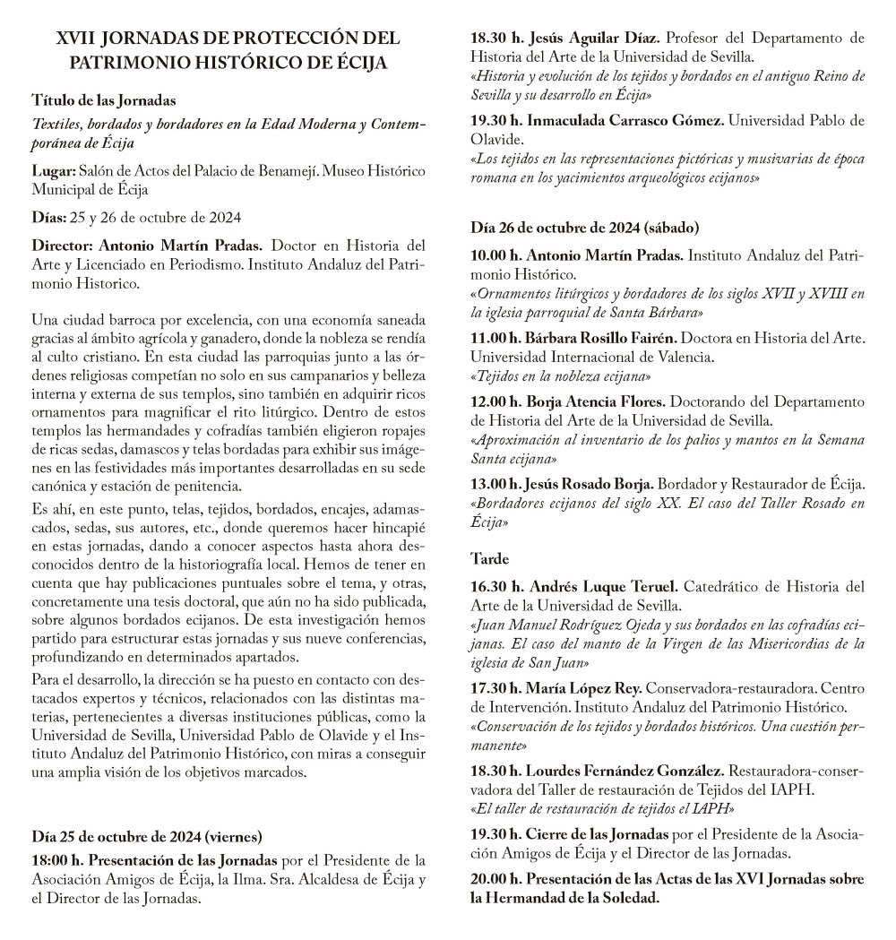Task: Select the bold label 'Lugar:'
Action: (x=53, y=171)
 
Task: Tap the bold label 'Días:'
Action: (x=48, y=218)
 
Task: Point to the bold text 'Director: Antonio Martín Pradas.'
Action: (x=147, y=244)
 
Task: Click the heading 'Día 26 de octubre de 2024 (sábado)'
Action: (x=585, y=228)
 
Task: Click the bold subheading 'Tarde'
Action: (x=489, y=558)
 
